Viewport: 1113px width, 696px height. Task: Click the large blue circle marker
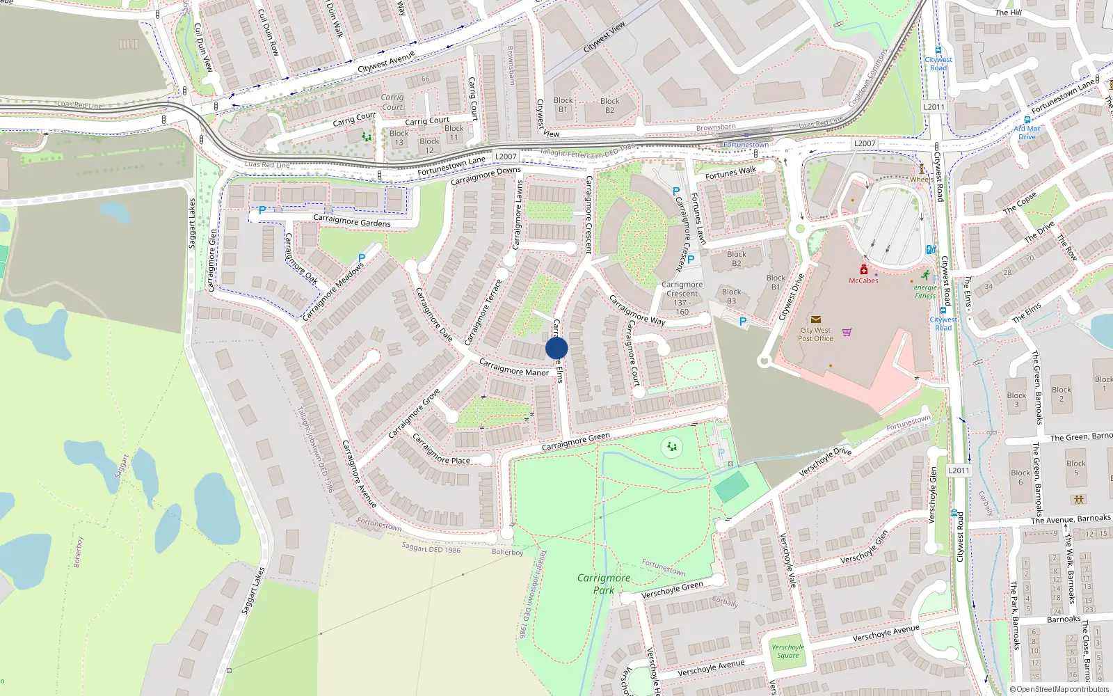[x=556, y=348]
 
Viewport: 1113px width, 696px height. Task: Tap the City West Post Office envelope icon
[x=815, y=319]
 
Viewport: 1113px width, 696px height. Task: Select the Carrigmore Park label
[x=603, y=583]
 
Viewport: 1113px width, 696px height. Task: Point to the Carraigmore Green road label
[x=575, y=441]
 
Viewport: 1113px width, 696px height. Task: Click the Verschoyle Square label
[x=787, y=651]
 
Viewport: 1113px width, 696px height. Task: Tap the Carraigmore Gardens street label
[x=351, y=221]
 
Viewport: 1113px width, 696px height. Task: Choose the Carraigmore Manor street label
[x=513, y=367]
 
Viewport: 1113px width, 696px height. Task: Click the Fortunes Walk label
[x=730, y=173]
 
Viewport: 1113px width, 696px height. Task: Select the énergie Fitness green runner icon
[x=925, y=276]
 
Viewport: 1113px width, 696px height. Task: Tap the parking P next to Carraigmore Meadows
[x=362, y=258]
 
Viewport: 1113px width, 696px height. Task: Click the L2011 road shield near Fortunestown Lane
[x=934, y=107]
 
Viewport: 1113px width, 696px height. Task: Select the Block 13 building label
[x=399, y=138]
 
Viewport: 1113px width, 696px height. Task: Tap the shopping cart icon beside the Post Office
[x=847, y=332]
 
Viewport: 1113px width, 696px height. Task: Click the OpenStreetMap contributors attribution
[x=1060, y=690]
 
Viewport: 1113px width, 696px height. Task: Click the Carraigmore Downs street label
[x=486, y=176]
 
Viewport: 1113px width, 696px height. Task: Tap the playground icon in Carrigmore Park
[x=672, y=446]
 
